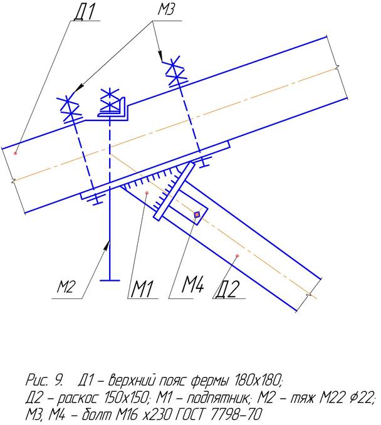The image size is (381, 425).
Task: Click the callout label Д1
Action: pyautogui.click(x=84, y=11)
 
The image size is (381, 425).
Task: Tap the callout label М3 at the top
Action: pyautogui.click(x=166, y=10)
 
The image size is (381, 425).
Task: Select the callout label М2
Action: pyautogui.click(x=65, y=286)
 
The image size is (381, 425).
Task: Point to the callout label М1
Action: pyautogui.click(x=142, y=289)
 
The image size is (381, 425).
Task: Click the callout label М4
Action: pyautogui.click(x=192, y=285)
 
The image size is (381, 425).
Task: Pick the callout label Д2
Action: pyautogui.click(x=228, y=289)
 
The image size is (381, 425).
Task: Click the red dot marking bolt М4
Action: pyautogui.click(x=197, y=214)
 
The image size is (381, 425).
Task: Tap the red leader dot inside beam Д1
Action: pyautogui.click(x=16, y=153)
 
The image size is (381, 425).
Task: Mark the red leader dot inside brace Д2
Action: pyautogui.click(x=237, y=256)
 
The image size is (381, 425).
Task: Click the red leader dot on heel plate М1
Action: pyautogui.click(x=147, y=192)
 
